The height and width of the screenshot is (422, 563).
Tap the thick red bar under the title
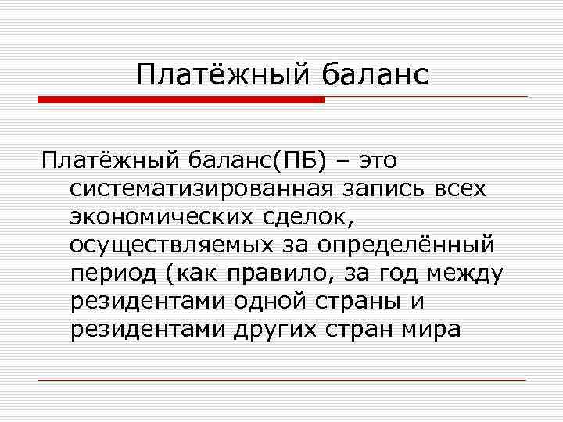(181, 100)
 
